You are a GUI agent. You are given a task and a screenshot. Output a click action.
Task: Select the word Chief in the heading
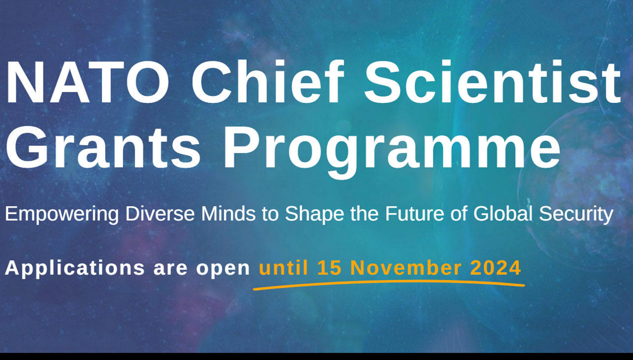267,81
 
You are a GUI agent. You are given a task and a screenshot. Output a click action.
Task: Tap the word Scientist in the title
493,81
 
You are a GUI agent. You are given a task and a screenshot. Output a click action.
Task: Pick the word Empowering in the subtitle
62,215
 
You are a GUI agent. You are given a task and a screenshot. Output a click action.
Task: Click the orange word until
283,268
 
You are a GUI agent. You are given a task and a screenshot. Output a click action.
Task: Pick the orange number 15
330,268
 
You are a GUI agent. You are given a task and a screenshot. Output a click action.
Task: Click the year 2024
496,268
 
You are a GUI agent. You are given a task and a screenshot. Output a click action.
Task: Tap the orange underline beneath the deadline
389,283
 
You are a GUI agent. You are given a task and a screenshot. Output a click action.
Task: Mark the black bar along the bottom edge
316,357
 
